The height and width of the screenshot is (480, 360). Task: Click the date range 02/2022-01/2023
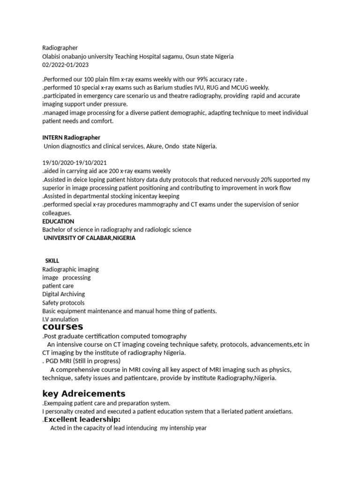65,65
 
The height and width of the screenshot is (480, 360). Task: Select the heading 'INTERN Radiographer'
71,137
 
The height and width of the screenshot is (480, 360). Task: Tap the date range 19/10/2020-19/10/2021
75,163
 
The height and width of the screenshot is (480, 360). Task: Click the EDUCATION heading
58,221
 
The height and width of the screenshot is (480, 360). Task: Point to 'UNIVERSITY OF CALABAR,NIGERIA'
90,238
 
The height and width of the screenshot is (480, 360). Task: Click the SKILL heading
52,261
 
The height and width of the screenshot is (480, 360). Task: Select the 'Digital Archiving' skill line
64,294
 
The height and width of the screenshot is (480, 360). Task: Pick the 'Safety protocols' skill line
63,303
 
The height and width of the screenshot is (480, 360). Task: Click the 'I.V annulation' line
60,320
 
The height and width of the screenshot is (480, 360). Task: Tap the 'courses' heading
62,327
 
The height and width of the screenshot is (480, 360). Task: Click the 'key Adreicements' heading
83,393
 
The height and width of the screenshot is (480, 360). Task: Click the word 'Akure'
152,146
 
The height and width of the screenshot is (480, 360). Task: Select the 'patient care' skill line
58,286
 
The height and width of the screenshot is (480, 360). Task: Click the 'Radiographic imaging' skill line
70,270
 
